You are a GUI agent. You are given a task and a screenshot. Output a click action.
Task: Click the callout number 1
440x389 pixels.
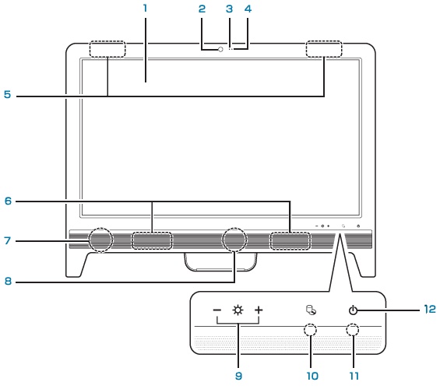[x=145, y=9]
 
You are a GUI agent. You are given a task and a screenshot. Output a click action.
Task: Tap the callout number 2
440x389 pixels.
[x=202, y=9]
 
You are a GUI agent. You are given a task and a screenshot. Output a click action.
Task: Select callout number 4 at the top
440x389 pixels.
[x=248, y=9]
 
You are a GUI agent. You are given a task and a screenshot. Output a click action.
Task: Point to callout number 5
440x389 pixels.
[x=7, y=94]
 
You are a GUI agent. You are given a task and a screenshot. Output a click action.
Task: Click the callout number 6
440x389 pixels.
[x=8, y=201]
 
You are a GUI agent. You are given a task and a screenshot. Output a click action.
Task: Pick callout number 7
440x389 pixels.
[x=8, y=240]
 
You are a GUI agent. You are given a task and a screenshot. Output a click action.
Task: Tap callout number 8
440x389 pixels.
[x=8, y=281]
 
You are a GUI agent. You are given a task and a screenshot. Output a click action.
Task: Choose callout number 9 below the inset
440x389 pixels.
[x=238, y=376]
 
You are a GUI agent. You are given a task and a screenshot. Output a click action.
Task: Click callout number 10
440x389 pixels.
[x=312, y=376]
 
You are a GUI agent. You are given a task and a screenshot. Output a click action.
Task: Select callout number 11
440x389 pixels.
[x=354, y=376]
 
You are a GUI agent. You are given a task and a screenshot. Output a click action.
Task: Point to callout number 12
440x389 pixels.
[x=430, y=309]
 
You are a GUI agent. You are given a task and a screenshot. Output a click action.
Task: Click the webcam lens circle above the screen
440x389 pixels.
[x=221, y=49]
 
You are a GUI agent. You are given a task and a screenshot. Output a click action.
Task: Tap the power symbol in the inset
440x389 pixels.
[x=353, y=310]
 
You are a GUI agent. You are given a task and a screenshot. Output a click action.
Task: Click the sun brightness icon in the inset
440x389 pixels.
[x=238, y=310]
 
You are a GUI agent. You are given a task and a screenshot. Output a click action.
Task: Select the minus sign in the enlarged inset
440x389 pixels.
[x=217, y=310]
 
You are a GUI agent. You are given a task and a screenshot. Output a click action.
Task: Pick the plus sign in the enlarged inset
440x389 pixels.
[x=259, y=310]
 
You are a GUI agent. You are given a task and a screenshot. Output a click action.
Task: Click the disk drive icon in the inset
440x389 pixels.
[x=311, y=310]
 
